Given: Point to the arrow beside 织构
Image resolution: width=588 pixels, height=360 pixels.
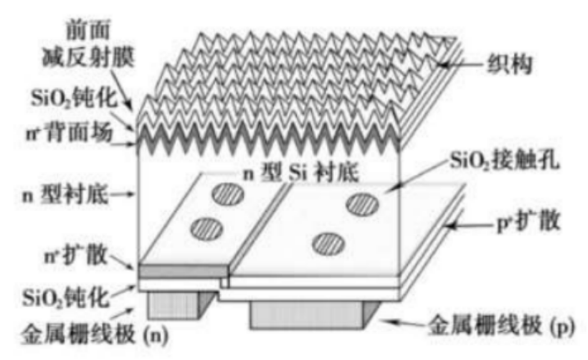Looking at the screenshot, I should click(458, 66).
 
